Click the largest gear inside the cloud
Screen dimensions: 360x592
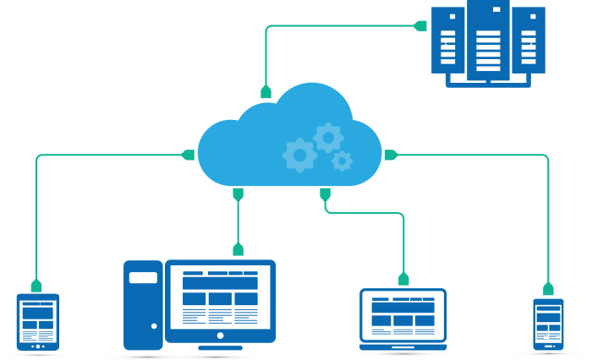click(x=299, y=155)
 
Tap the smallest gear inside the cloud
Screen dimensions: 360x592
click(x=342, y=161)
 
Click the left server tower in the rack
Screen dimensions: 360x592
click(x=448, y=40)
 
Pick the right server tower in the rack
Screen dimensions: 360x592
click(x=529, y=40)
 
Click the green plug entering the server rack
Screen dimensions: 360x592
click(x=420, y=25)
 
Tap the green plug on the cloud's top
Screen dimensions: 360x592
click(x=266, y=91)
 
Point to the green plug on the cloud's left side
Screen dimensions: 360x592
click(x=189, y=155)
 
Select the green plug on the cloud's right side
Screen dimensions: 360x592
click(x=391, y=155)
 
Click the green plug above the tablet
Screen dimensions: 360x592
click(x=36, y=286)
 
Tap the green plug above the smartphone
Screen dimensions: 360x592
click(x=548, y=289)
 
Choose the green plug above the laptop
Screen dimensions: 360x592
click(x=403, y=279)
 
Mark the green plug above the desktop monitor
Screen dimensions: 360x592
click(x=238, y=249)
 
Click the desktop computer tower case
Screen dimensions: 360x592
click(x=143, y=304)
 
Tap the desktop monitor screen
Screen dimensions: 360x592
click(x=221, y=297)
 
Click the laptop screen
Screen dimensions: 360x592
click(x=403, y=314)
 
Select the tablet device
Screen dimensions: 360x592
click(x=38, y=321)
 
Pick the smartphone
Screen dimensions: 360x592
click(x=548, y=324)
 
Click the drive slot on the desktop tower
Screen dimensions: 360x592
click(x=143, y=277)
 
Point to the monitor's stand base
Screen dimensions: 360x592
click(x=221, y=346)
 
